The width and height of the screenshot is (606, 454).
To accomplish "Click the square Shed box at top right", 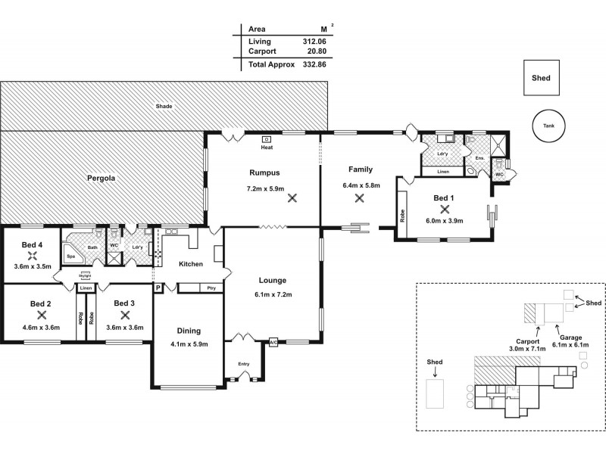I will click(541, 78).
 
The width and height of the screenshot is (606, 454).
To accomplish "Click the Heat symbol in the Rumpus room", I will click(267, 140).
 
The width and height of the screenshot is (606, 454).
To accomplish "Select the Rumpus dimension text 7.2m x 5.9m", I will click(265, 188).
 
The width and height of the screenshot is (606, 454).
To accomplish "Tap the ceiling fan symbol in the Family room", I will click(360, 198).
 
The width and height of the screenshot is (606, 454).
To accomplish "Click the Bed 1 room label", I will click(443, 197).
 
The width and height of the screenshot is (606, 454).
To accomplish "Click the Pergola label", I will click(100, 179).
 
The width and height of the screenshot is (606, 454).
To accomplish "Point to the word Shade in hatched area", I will click(164, 106).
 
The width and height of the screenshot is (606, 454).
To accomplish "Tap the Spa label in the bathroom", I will click(71, 257).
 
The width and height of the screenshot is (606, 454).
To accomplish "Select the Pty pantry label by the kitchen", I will click(210, 288).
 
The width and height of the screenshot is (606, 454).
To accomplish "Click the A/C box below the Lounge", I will click(273, 343).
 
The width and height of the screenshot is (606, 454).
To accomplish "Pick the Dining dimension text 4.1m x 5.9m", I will click(189, 344).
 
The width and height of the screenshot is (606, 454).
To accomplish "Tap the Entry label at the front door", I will click(243, 364).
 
